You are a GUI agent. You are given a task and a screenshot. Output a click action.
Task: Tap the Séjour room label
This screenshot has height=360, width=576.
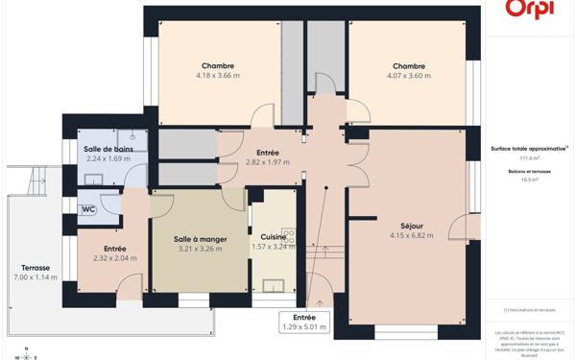(x=406, y=226)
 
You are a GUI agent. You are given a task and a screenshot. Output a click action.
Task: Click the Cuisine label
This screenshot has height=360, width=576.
(x=272, y=236)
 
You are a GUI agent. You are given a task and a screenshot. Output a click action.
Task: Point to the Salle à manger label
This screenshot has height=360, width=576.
(x=200, y=239)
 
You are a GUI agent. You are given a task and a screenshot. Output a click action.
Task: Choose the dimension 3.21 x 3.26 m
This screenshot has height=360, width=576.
(x=200, y=249)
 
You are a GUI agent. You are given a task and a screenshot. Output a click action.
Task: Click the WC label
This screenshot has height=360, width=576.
(x=88, y=209)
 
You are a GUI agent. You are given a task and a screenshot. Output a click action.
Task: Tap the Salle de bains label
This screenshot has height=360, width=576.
(x=108, y=149)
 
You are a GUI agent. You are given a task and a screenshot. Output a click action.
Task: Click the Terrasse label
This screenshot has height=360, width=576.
(x=36, y=268)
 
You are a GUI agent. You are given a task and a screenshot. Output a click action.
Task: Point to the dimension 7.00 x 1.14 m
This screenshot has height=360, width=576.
(x=36, y=277)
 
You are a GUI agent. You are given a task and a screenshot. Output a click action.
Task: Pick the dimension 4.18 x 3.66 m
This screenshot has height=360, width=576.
(x=218, y=75)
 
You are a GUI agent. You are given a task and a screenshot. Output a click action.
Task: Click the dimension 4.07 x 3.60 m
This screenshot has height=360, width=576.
(x=408, y=75)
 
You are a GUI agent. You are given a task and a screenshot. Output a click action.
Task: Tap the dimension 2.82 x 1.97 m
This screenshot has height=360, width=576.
(x=267, y=162)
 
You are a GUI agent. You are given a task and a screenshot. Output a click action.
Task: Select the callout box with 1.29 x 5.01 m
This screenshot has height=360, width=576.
(x=303, y=322)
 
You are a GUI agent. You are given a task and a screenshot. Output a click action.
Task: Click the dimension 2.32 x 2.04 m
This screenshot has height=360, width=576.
(x=115, y=258)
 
